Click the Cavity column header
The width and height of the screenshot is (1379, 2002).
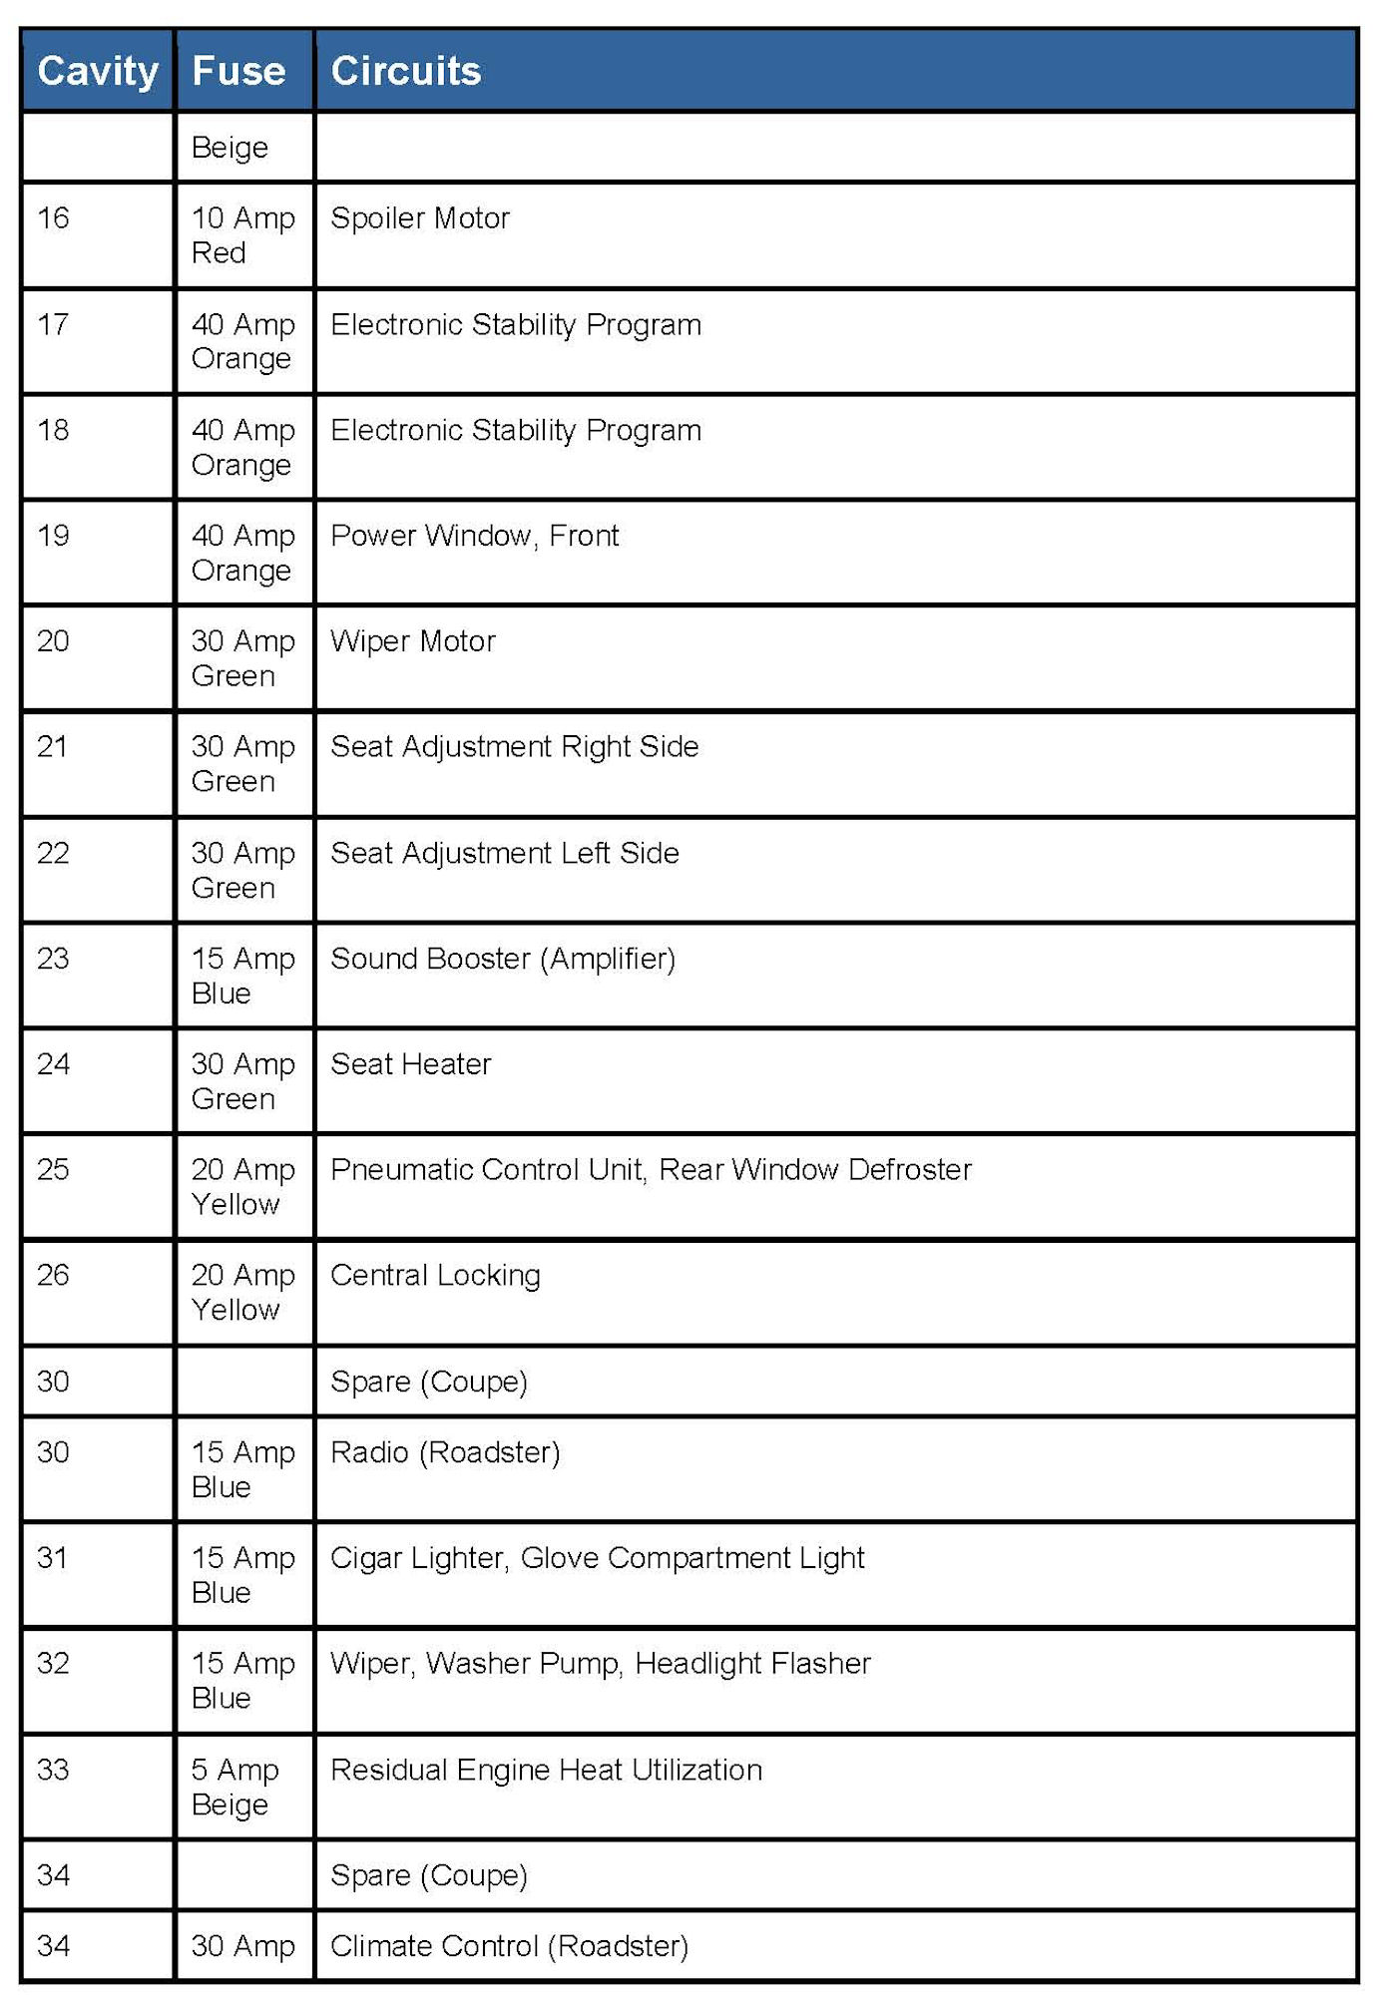98,71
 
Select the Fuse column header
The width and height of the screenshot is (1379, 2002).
238,71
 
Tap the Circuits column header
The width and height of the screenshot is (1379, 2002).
405,71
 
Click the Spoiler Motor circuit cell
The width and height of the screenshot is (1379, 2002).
420,218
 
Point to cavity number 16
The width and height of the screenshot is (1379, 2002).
53,218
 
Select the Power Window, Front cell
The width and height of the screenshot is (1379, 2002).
474,536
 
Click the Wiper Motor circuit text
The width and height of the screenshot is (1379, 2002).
413,641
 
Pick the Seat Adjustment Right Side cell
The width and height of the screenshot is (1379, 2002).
514,747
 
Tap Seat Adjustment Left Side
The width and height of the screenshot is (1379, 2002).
504,853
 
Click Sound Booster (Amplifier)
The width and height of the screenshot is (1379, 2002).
503,959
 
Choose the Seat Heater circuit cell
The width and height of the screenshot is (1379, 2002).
410,1064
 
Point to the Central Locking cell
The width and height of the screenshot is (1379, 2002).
435,1276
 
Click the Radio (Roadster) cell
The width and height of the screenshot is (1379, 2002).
445,1452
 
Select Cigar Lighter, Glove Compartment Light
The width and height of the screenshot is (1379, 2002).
597,1558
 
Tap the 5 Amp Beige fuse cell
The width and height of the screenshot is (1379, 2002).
235,1787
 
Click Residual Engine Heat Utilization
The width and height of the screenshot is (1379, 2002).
546,1771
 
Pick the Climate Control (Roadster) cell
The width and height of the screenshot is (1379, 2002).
509,1946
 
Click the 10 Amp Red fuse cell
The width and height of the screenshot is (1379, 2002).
242,235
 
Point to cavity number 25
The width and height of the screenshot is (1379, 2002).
53,1170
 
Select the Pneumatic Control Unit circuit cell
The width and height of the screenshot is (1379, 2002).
651,1170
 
